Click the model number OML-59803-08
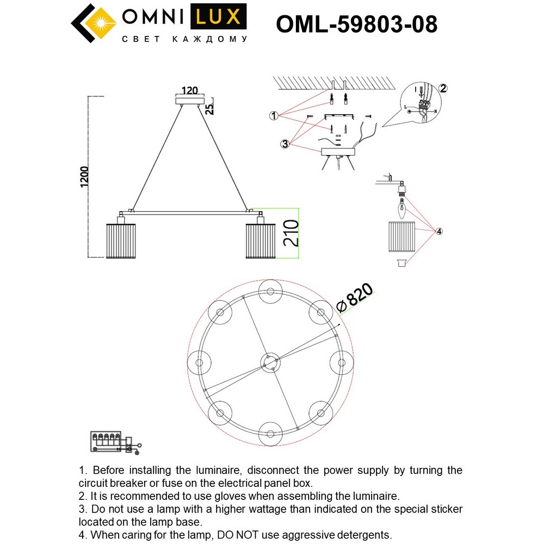356,24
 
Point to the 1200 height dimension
84,176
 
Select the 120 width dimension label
189,91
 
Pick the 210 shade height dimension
290,233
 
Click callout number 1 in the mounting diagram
274,115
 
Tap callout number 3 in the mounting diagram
285,144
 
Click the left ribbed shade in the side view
119,240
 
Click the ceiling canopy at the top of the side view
189,101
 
